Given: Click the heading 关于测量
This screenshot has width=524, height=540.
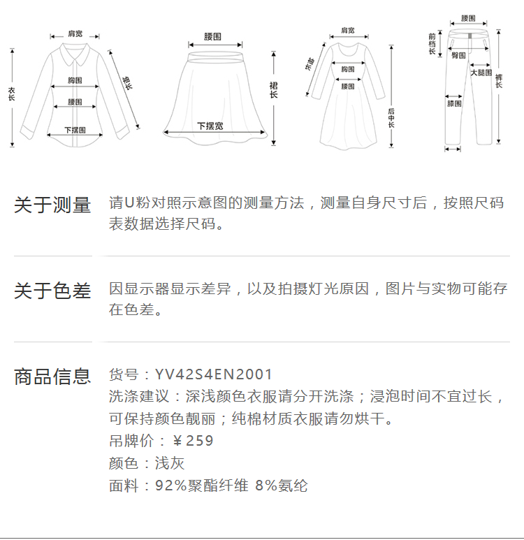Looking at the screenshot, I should tap(52, 205).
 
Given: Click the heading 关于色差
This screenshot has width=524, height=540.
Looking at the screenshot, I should tap(52, 291).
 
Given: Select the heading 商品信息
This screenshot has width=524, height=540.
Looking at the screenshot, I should tap(52, 377).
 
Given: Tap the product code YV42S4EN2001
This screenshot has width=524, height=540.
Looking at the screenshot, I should tap(214, 375).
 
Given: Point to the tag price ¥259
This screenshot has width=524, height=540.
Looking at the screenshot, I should tap(193, 441).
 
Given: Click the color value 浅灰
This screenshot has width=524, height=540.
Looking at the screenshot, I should tap(170, 463).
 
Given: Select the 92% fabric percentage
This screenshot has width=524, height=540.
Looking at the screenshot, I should tap(170, 486).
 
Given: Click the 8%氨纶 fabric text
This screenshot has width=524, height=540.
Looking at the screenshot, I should tap(282, 486).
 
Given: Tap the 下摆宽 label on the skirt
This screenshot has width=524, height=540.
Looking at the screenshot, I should tap(210, 126).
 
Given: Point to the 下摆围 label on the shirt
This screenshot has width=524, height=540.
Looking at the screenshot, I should tap(75, 130).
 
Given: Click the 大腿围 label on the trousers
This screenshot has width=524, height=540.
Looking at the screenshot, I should tap(481, 72).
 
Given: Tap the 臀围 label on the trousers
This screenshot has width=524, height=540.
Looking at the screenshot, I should tap(458, 55).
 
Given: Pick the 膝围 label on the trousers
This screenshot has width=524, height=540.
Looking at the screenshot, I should tap(454, 104).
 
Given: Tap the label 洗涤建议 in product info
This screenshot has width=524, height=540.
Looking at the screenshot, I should tap(140, 397).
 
